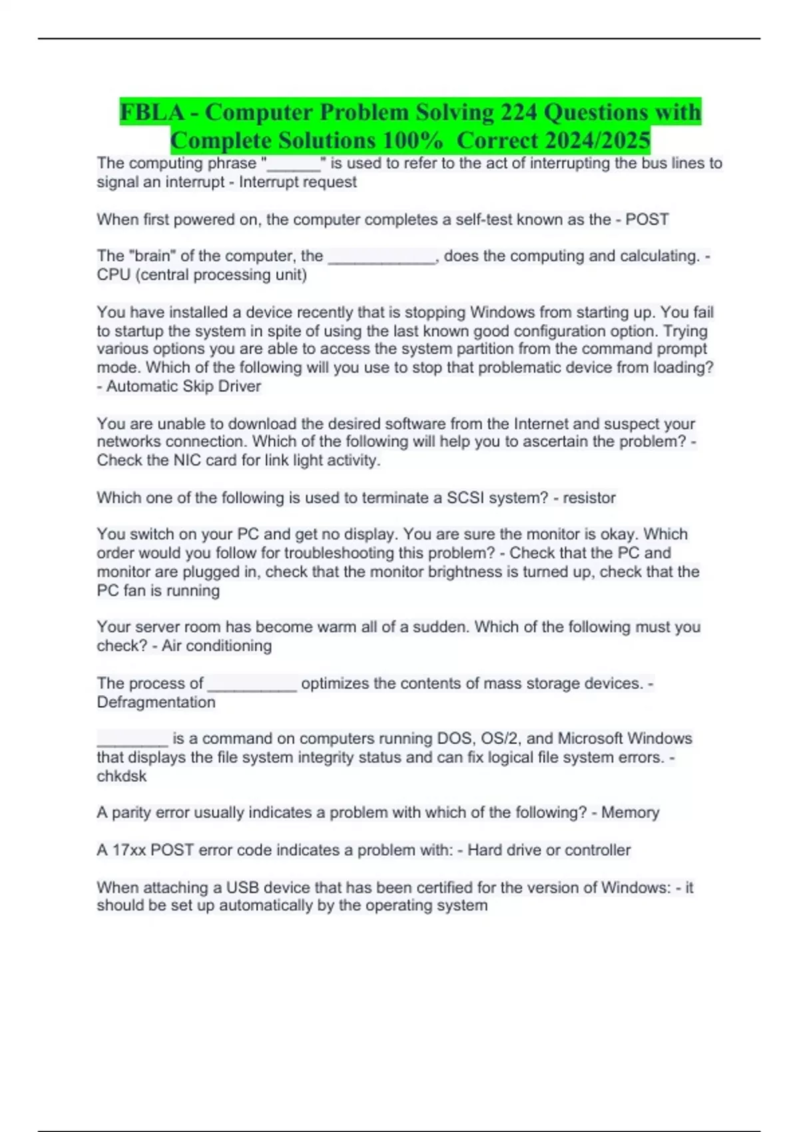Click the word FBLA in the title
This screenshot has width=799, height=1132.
click(152, 112)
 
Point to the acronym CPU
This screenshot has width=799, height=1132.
click(113, 275)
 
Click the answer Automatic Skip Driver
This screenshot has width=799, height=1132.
click(184, 386)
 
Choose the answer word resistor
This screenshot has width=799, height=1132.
click(589, 498)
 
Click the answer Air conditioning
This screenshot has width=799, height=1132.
click(216, 646)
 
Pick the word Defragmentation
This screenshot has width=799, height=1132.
click(156, 703)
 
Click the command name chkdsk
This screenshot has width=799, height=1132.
click(122, 776)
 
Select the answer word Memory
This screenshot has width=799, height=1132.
click(630, 812)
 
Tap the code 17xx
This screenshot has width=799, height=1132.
click(129, 850)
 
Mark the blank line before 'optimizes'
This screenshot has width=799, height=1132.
click(252, 686)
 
